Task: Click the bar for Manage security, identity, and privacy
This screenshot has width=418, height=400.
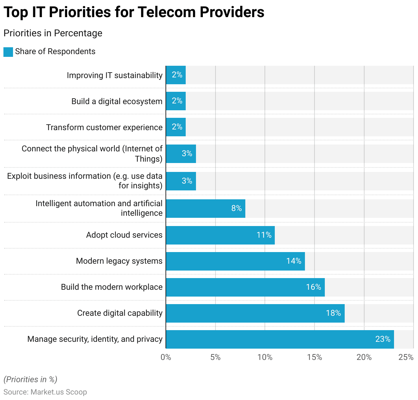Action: [280, 339]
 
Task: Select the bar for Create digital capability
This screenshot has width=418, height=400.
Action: [255, 313]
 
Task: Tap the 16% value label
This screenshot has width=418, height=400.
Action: [313, 287]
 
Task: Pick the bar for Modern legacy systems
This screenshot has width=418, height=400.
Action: [235, 261]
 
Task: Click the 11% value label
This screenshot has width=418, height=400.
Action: [264, 235]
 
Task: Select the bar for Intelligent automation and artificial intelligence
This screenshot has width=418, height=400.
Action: [205, 208]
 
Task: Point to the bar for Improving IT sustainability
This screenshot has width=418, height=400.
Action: [176, 75]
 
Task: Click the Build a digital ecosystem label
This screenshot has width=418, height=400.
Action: [117, 101]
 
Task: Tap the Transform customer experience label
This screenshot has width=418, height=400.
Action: [104, 127]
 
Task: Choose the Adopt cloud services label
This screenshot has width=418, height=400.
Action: [124, 235]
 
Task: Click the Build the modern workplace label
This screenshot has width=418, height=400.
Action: [112, 287]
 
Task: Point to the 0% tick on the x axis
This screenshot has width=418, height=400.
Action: [166, 357]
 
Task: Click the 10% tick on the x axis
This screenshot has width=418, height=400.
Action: [265, 357]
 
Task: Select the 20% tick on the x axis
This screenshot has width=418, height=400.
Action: [364, 357]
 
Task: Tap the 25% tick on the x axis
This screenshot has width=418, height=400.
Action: [406, 357]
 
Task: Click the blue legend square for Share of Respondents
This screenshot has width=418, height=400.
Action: [8, 52]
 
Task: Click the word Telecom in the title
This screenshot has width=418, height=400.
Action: [167, 12]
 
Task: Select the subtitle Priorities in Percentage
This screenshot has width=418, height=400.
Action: [53, 33]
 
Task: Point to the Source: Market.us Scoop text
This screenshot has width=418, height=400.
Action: [45, 392]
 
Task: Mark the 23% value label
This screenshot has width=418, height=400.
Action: [383, 339]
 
